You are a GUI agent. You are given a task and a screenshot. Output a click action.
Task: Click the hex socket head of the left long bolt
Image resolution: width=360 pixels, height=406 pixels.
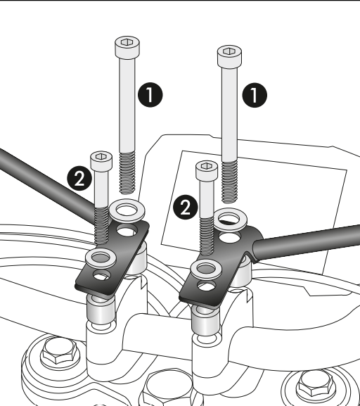(x=127, y=47)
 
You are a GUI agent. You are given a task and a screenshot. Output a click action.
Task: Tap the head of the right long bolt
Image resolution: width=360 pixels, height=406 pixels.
(x=229, y=57)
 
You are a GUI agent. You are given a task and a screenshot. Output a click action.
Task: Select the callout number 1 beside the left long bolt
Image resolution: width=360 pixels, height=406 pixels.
(x=150, y=95)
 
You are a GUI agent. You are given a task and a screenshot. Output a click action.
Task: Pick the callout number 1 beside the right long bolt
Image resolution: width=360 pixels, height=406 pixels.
(x=255, y=95)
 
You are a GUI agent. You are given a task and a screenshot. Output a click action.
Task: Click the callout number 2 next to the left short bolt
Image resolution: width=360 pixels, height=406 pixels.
(x=79, y=178)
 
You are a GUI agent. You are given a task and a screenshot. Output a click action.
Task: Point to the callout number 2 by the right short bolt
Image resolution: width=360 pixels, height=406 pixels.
(x=186, y=207)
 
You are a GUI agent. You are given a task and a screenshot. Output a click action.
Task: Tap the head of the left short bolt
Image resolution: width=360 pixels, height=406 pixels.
(x=101, y=161)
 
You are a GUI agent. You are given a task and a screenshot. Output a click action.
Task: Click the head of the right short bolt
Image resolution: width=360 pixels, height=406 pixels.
(x=207, y=171)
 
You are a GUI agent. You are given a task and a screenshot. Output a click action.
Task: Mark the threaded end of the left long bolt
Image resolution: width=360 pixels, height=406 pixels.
(x=127, y=173)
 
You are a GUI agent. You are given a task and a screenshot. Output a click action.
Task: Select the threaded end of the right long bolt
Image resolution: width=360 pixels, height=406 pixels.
(x=229, y=182)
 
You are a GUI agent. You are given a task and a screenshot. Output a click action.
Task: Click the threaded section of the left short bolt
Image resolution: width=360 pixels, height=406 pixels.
(x=101, y=226)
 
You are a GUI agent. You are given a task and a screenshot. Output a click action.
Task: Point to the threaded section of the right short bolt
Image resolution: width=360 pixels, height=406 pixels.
(x=207, y=236)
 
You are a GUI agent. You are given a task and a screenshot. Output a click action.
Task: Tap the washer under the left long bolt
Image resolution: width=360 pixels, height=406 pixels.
(x=127, y=210)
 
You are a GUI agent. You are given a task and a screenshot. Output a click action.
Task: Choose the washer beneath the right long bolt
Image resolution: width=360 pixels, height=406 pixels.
(x=230, y=220)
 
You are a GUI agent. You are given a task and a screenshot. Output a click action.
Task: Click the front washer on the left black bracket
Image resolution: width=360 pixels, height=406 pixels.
(x=101, y=258)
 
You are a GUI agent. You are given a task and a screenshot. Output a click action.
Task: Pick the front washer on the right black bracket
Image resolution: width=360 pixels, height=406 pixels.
(x=206, y=269)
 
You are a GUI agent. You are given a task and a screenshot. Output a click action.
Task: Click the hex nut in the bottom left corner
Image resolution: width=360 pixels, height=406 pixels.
(x=60, y=353)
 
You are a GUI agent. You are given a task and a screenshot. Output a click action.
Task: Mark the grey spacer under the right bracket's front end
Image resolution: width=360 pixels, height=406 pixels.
(x=206, y=320)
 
